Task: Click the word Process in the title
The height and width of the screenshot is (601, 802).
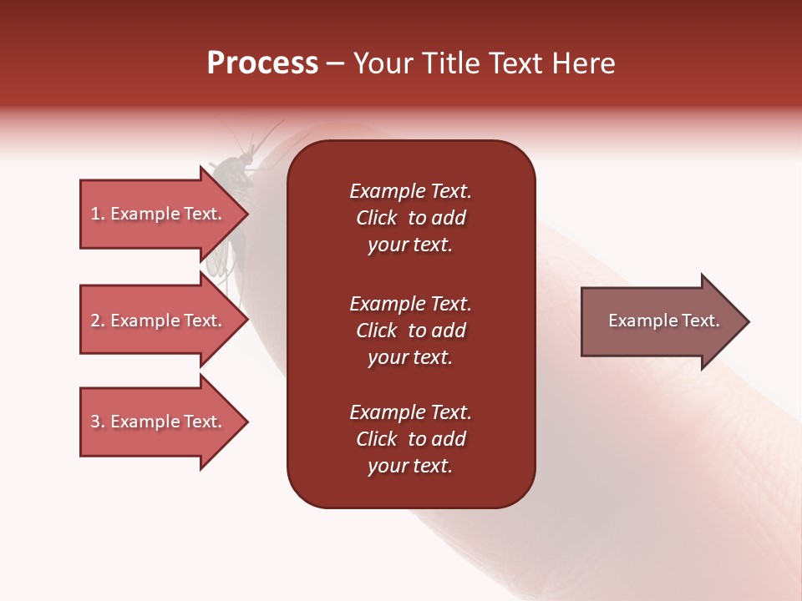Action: (x=262, y=63)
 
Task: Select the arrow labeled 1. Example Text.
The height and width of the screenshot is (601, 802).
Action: (x=159, y=214)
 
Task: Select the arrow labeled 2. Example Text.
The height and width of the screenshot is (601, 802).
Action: (x=159, y=321)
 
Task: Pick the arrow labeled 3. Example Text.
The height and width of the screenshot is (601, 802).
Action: (x=159, y=422)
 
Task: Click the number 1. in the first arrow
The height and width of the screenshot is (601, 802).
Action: (x=98, y=214)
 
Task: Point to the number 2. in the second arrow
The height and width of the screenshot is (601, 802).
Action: (x=98, y=321)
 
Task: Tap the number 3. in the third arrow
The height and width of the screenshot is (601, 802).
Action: (x=98, y=422)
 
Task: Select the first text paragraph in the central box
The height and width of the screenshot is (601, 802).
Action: (x=410, y=218)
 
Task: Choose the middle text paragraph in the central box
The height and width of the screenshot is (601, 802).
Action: (x=410, y=331)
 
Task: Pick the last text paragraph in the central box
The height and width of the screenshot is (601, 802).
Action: (x=410, y=439)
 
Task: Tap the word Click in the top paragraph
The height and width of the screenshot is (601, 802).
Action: (x=376, y=219)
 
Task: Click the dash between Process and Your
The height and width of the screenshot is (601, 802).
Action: (x=335, y=64)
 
